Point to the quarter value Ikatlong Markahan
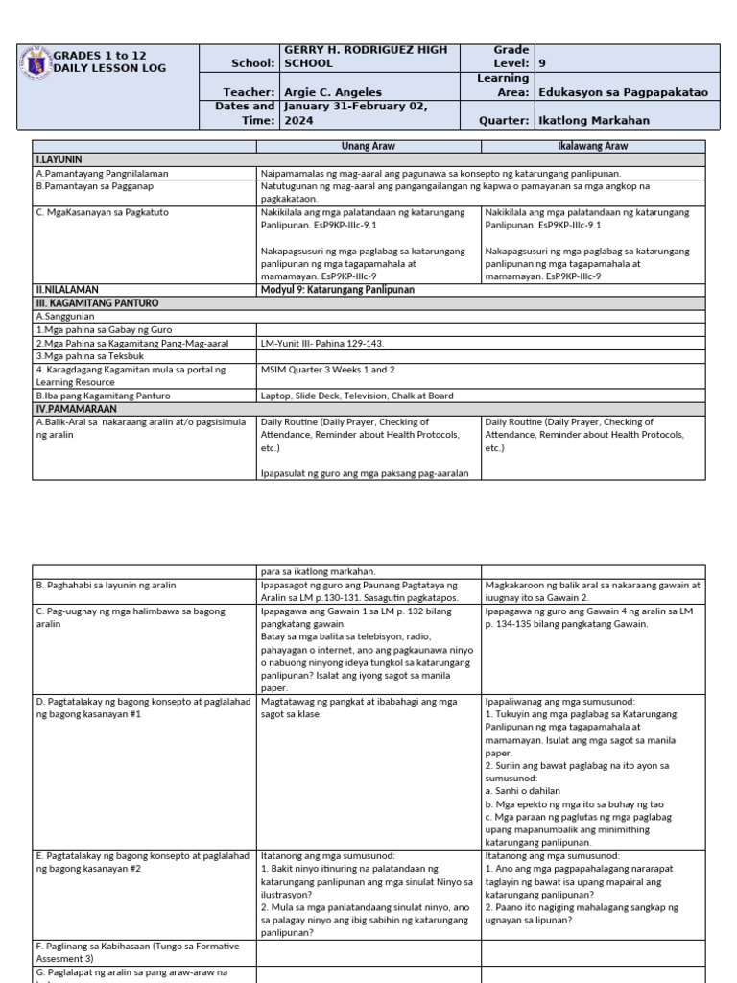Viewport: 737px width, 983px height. (x=594, y=121)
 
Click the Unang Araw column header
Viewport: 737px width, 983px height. (x=368, y=146)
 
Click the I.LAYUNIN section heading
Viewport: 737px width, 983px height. (x=59, y=159)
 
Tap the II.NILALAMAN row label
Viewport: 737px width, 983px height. (x=67, y=289)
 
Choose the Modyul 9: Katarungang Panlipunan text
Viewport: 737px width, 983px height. (x=337, y=289)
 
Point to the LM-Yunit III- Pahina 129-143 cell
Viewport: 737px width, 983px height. (x=321, y=342)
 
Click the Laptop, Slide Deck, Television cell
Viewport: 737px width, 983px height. (x=356, y=396)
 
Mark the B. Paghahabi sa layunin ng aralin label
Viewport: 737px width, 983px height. (x=106, y=585)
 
